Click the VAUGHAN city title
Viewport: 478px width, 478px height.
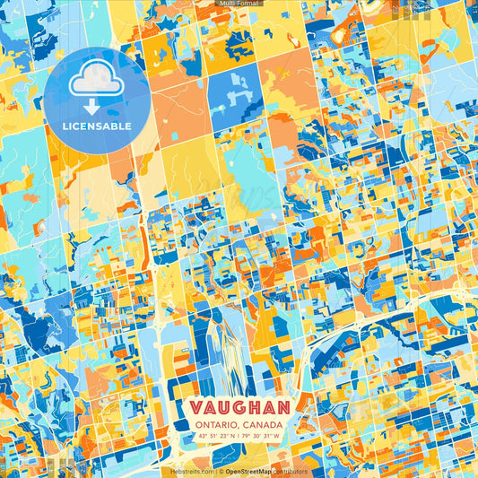(239, 407)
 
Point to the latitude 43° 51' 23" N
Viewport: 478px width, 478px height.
(215, 437)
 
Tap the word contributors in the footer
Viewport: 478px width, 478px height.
(290, 471)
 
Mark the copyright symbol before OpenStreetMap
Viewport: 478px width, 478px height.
(221, 471)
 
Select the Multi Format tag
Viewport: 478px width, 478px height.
(239, 4)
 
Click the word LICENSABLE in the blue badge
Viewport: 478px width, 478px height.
(97, 126)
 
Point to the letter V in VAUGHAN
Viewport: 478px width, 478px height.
(197, 407)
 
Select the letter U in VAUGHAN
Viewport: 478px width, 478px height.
(224, 407)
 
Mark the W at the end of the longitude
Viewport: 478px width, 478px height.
(278, 437)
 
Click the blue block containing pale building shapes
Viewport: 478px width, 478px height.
(235, 86)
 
